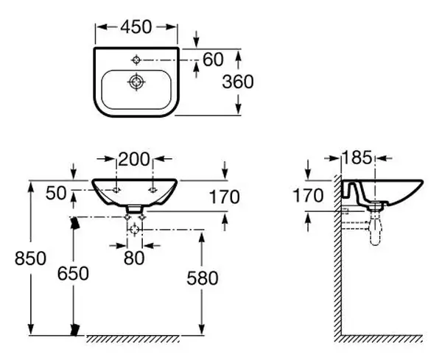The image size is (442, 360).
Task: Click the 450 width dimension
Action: click(136, 27)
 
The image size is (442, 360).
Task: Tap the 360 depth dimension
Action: click(238, 82)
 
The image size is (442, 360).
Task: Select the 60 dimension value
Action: click(213, 60)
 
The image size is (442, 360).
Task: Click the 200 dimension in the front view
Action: click(133, 159)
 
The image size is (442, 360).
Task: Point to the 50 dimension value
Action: click(56, 193)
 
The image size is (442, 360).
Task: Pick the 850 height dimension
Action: click(30, 258)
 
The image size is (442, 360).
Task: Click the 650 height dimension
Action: click(73, 273)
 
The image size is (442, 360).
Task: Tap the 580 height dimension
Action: click(203, 278)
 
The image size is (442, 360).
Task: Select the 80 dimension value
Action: click(134, 258)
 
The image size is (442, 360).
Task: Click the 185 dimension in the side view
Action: click(357, 158)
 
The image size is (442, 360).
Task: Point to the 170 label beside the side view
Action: click(308, 196)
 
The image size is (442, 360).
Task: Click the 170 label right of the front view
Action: click(225, 197)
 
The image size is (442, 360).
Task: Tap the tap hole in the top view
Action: click(137, 60)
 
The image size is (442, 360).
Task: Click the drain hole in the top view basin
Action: click(137, 82)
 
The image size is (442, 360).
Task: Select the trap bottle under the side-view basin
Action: click(375, 230)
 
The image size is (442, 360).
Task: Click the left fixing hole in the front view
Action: click(116, 190)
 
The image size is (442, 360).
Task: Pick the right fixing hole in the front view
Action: click(153, 190)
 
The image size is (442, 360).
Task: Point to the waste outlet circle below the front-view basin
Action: click(135, 230)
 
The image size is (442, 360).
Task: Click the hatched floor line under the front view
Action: click(133, 339)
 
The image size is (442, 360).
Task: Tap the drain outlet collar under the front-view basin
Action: click(134, 209)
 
